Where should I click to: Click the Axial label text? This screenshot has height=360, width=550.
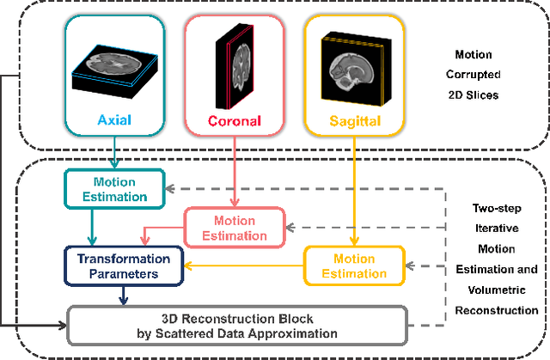point(113,120)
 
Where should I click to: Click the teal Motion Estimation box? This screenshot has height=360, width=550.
point(114,188)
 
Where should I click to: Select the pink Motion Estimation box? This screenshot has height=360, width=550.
point(234,227)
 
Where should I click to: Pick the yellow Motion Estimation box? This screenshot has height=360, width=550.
point(354,266)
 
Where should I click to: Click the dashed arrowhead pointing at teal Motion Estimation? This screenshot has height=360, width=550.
point(174,188)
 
